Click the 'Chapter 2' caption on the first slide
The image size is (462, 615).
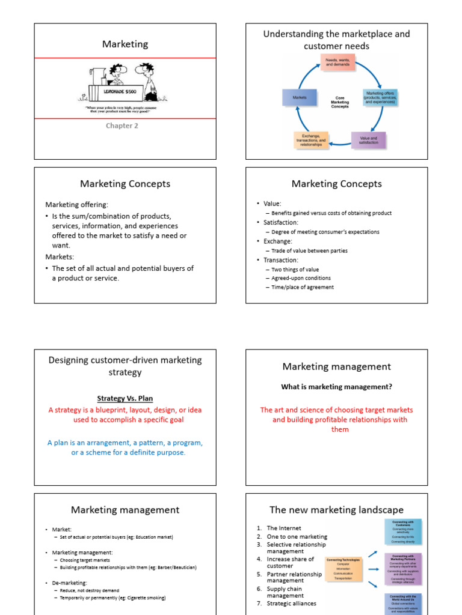click(122, 126)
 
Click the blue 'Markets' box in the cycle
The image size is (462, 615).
click(300, 97)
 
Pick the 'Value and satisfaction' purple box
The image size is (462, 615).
click(368, 140)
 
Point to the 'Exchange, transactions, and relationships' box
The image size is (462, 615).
click(310, 141)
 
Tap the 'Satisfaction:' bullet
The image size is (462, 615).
click(280, 222)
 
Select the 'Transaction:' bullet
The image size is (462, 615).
click(280, 260)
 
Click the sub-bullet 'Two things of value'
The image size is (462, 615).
click(295, 270)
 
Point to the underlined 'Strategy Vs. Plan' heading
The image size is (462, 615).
click(125, 398)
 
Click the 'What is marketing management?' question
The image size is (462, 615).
click(337, 387)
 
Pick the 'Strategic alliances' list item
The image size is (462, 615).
click(292, 603)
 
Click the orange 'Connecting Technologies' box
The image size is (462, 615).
click(343, 569)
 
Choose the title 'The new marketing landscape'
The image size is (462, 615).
click(336, 510)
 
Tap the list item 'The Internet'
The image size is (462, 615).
click(280, 528)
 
